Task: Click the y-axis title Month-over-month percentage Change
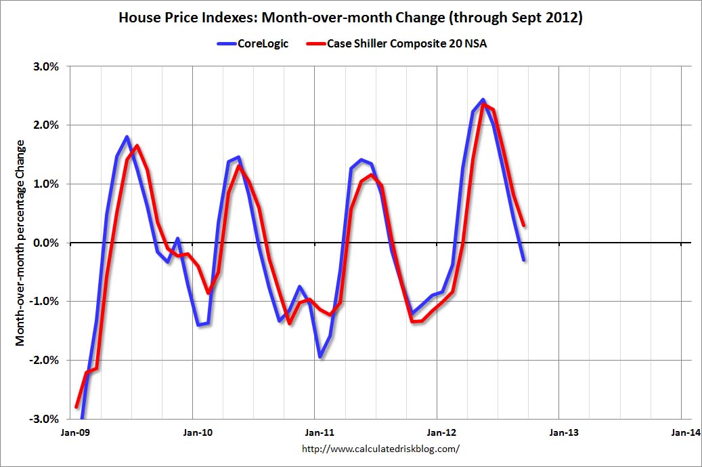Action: click(21, 243)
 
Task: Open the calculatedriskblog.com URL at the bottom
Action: click(379, 449)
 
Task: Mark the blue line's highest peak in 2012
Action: click(483, 100)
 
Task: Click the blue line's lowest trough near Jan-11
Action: click(320, 357)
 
